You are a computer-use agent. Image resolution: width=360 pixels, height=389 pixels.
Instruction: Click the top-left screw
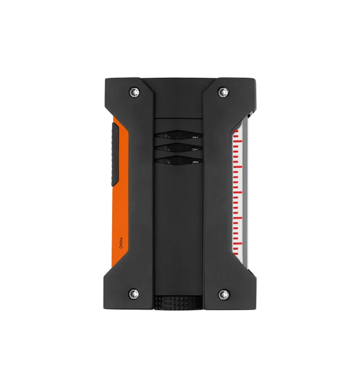[134, 92]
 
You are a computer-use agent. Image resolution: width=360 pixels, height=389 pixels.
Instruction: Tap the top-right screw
[223, 92]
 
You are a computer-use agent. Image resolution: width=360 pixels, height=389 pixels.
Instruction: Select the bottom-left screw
[134, 294]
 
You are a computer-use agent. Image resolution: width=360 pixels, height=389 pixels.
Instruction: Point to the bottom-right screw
[224, 294]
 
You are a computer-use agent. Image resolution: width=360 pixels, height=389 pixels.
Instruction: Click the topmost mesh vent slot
[179, 135]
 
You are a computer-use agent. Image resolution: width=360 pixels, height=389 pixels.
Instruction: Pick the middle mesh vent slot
[179, 148]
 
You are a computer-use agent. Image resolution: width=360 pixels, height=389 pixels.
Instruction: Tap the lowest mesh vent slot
[179, 161]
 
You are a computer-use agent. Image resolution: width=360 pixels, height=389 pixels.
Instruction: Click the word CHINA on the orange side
[121, 243]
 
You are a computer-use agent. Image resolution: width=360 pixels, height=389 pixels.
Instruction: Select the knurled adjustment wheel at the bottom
[178, 303]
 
